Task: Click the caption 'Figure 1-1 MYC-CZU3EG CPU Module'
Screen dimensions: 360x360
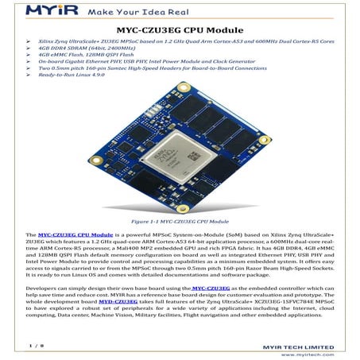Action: [x=180, y=222]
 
